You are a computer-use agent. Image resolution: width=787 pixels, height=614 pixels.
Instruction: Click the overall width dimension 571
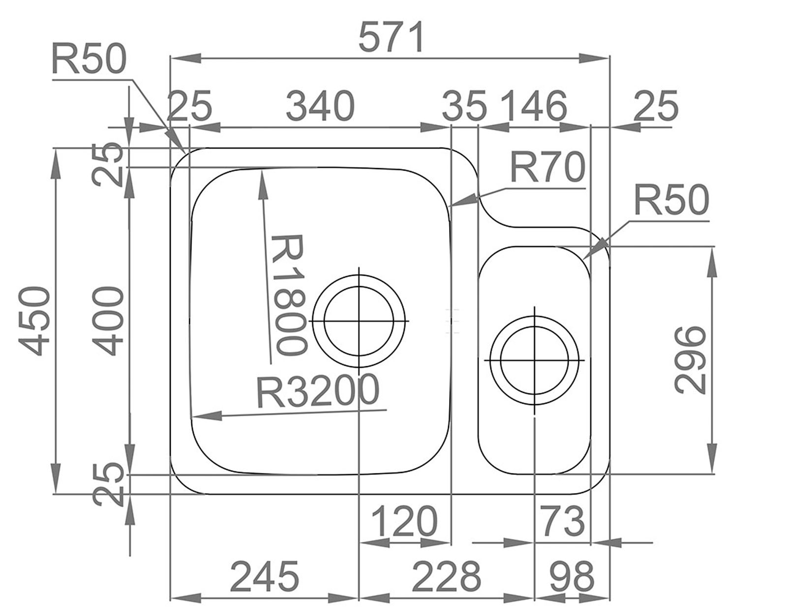point(391,38)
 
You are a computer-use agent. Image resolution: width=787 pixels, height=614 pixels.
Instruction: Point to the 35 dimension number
point(464,106)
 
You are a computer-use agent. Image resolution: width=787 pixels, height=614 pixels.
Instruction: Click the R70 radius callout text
point(547,167)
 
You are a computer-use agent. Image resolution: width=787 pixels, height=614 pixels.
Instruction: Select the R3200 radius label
point(318,391)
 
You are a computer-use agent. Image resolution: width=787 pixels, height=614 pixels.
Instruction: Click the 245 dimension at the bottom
point(264,576)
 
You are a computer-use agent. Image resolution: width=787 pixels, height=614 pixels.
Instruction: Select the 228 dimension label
point(446,576)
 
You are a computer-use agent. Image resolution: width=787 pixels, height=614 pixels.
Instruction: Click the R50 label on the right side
point(671,201)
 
